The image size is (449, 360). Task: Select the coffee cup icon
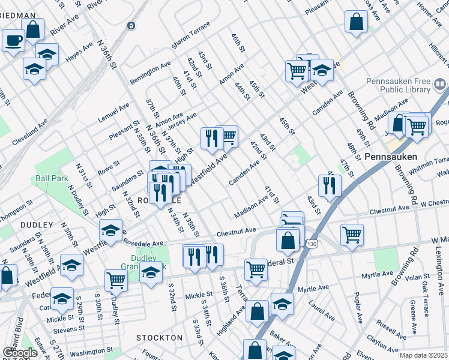[x=13, y=41]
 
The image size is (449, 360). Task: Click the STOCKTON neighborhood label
[x=159, y=338]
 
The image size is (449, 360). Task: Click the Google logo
[x=20, y=353]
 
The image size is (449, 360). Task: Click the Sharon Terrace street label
[x=190, y=37]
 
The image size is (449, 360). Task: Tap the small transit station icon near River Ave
[x=131, y=26]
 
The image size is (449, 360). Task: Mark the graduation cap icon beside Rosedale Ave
[x=111, y=232]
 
